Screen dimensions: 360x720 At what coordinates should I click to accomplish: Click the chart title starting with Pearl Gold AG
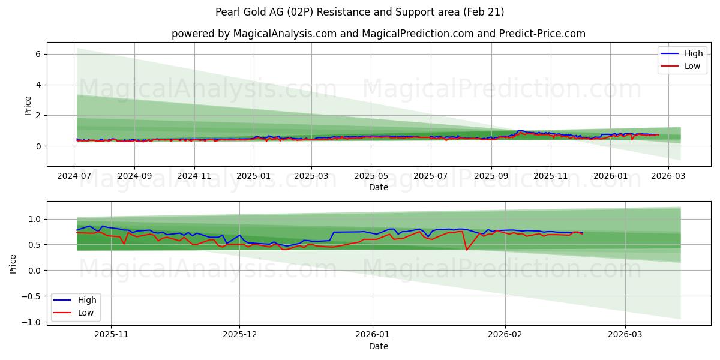[x=360, y=12]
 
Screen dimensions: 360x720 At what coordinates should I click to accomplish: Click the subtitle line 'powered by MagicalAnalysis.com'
[x=378, y=34]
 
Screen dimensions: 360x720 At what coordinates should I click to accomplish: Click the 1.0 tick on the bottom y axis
[x=34, y=219]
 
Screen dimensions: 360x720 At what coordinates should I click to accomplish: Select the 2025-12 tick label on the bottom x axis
[x=239, y=333]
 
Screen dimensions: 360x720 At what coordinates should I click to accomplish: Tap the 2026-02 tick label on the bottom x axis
[x=505, y=333]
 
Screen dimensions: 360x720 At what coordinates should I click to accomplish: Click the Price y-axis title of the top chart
[x=28, y=105]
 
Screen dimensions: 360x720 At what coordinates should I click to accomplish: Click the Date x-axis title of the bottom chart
[x=378, y=346]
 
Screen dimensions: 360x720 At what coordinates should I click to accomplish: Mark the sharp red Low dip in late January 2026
[x=466, y=250]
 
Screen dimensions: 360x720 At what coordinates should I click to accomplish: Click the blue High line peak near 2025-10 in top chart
[x=518, y=130]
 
